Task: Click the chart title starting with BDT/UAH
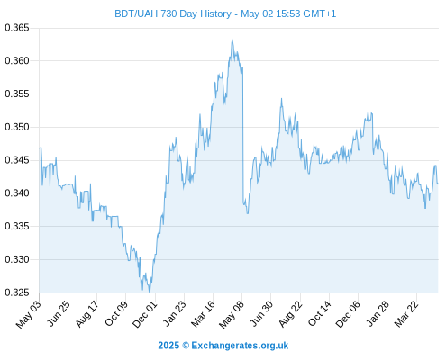(x=225, y=13)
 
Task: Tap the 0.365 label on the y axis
(x=17, y=28)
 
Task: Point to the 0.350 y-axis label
(x=17, y=127)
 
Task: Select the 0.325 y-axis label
(x=17, y=292)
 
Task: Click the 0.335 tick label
(x=17, y=226)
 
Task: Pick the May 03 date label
(x=29, y=314)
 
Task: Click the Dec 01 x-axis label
(x=145, y=314)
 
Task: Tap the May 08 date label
(x=232, y=314)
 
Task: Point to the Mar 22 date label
(x=406, y=314)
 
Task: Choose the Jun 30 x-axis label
(x=261, y=313)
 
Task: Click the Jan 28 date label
(x=378, y=313)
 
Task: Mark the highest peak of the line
(x=232, y=39)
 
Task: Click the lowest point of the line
(x=149, y=292)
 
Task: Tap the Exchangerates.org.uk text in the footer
(x=240, y=346)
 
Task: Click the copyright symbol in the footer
(x=186, y=346)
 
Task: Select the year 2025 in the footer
(x=168, y=346)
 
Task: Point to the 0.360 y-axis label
(x=17, y=61)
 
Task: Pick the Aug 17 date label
(x=86, y=314)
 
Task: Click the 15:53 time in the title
(x=288, y=13)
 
